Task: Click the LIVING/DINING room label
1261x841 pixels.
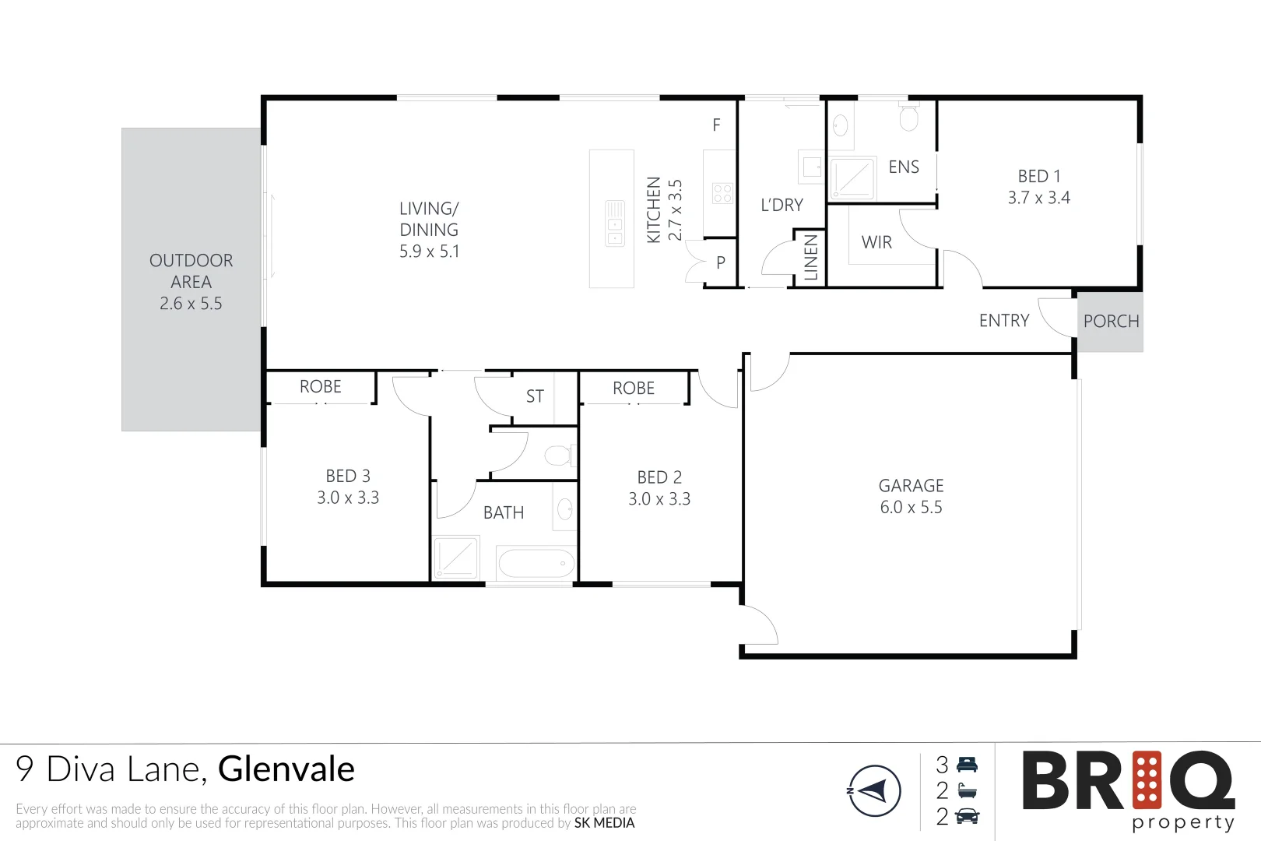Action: [429, 230]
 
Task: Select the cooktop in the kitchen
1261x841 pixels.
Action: [722, 193]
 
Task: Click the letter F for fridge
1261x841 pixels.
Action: [716, 125]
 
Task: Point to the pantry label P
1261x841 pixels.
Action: [721, 263]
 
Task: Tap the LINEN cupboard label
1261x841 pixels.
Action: [811, 258]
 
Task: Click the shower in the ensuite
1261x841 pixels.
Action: [852, 179]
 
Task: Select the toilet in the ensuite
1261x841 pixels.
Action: [908, 118]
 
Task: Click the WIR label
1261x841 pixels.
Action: [876, 242]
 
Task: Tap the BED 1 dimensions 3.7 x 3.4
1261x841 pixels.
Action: [1038, 198]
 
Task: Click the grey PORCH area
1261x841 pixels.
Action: [1111, 321]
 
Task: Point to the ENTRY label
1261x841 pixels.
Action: [1003, 321]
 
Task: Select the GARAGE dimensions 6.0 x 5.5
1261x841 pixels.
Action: [911, 508]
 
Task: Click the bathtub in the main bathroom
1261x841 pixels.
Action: [536, 563]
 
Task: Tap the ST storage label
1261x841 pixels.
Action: [535, 396]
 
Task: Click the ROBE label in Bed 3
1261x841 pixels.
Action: [321, 387]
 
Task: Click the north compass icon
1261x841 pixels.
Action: [874, 791]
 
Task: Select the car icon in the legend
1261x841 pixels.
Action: [967, 817]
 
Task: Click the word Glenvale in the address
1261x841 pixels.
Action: [286, 769]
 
